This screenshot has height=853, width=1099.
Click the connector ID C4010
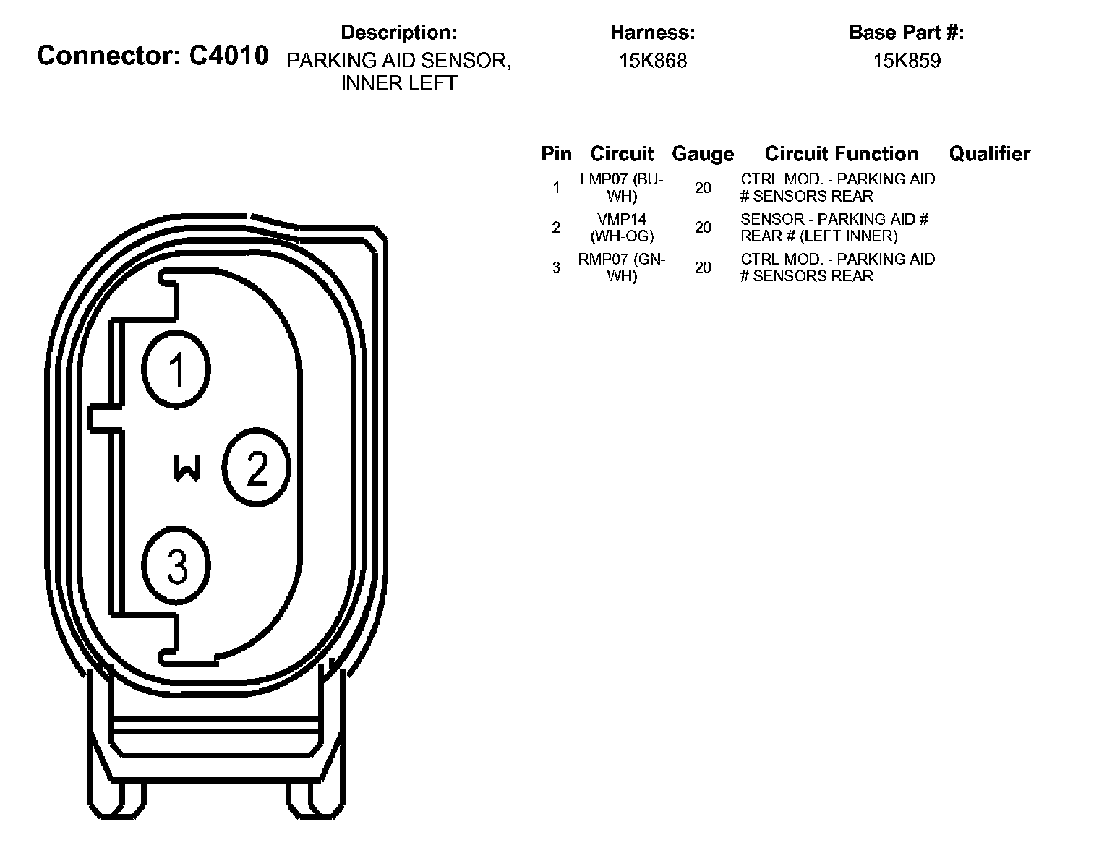(x=228, y=56)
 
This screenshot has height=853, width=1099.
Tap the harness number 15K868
(x=652, y=61)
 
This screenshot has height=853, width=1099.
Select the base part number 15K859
(x=907, y=61)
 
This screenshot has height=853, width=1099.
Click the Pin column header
(x=556, y=154)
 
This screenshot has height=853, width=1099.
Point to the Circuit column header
(x=622, y=154)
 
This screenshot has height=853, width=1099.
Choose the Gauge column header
(x=703, y=154)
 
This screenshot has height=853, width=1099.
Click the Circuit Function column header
(x=842, y=154)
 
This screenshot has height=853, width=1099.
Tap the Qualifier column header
(x=989, y=154)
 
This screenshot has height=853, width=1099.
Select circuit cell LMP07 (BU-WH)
(x=622, y=187)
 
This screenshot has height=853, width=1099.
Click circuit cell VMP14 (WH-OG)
(x=622, y=227)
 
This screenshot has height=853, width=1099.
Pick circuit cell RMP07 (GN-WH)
(x=622, y=267)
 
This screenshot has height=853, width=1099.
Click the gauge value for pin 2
(x=703, y=228)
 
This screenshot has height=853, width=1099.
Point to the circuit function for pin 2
(x=834, y=227)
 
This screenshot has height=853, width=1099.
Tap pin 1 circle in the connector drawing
(x=176, y=369)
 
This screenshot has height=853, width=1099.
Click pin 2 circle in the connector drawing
(x=257, y=468)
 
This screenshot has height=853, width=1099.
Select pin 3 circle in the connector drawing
(x=176, y=565)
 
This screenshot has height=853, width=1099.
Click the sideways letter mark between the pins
(x=187, y=468)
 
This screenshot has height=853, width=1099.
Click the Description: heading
(x=398, y=33)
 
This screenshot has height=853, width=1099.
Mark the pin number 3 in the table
(x=556, y=267)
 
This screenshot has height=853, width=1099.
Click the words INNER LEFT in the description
(x=399, y=83)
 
